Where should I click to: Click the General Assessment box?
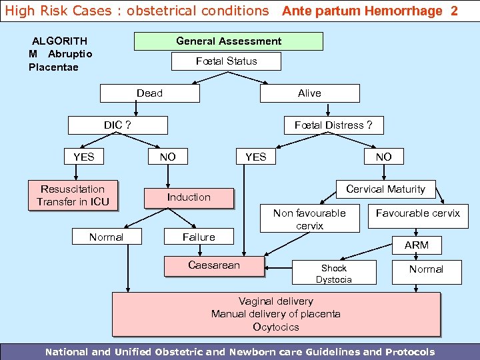click(229, 41)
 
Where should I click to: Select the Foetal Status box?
click(226, 61)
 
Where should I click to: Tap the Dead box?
click(149, 93)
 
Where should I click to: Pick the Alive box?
click(309, 93)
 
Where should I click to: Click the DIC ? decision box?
click(117, 125)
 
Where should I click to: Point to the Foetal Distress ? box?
click(333, 125)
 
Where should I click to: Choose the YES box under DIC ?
click(84, 157)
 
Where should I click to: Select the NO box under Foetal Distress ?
click(383, 157)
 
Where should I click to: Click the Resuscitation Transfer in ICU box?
click(73, 195)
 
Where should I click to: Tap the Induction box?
click(189, 197)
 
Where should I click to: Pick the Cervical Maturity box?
click(385, 189)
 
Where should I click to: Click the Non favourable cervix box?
click(309, 219)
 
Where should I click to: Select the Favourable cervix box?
click(417, 214)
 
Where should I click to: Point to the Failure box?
click(199, 237)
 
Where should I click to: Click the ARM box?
click(417, 245)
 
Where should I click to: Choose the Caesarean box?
click(214, 265)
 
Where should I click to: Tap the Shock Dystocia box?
click(333, 274)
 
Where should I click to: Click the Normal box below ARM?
click(426, 269)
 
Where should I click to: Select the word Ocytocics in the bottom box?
click(276, 327)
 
